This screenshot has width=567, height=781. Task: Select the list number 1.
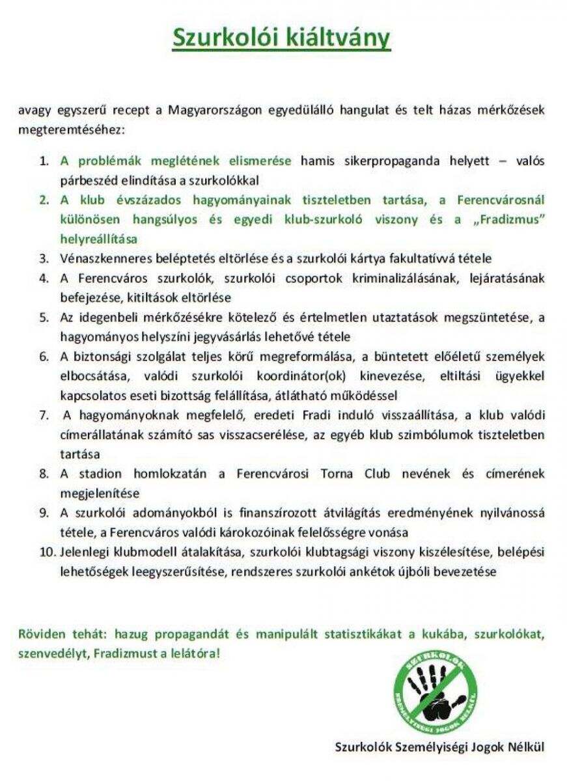click(44, 161)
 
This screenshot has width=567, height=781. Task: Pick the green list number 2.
click(44, 200)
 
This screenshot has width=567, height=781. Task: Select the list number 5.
click(44, 318)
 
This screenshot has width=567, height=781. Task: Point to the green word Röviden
click(40, 633)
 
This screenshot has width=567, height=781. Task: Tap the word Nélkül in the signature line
click(525, 746)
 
